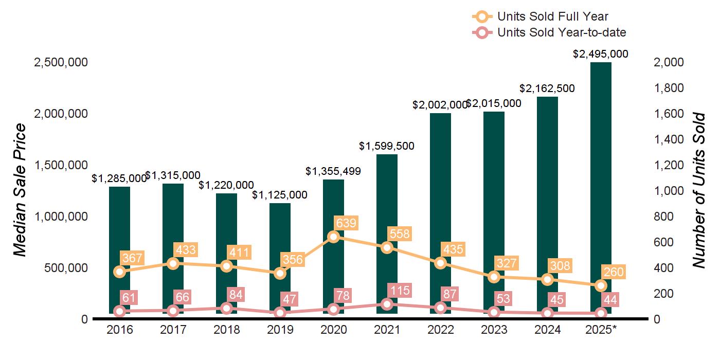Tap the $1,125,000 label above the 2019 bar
280,195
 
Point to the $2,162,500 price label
547,88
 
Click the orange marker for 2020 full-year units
333,237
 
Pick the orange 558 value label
400,234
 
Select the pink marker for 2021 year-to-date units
387,304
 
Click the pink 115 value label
400,291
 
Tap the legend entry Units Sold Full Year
553,17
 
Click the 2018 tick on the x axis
226,330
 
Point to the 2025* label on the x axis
601,330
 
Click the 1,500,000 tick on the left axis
61,165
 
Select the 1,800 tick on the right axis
669,88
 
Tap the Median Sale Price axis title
20,190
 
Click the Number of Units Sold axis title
699,190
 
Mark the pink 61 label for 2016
129,297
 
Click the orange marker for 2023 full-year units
494,277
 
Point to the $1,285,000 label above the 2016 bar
119,178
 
